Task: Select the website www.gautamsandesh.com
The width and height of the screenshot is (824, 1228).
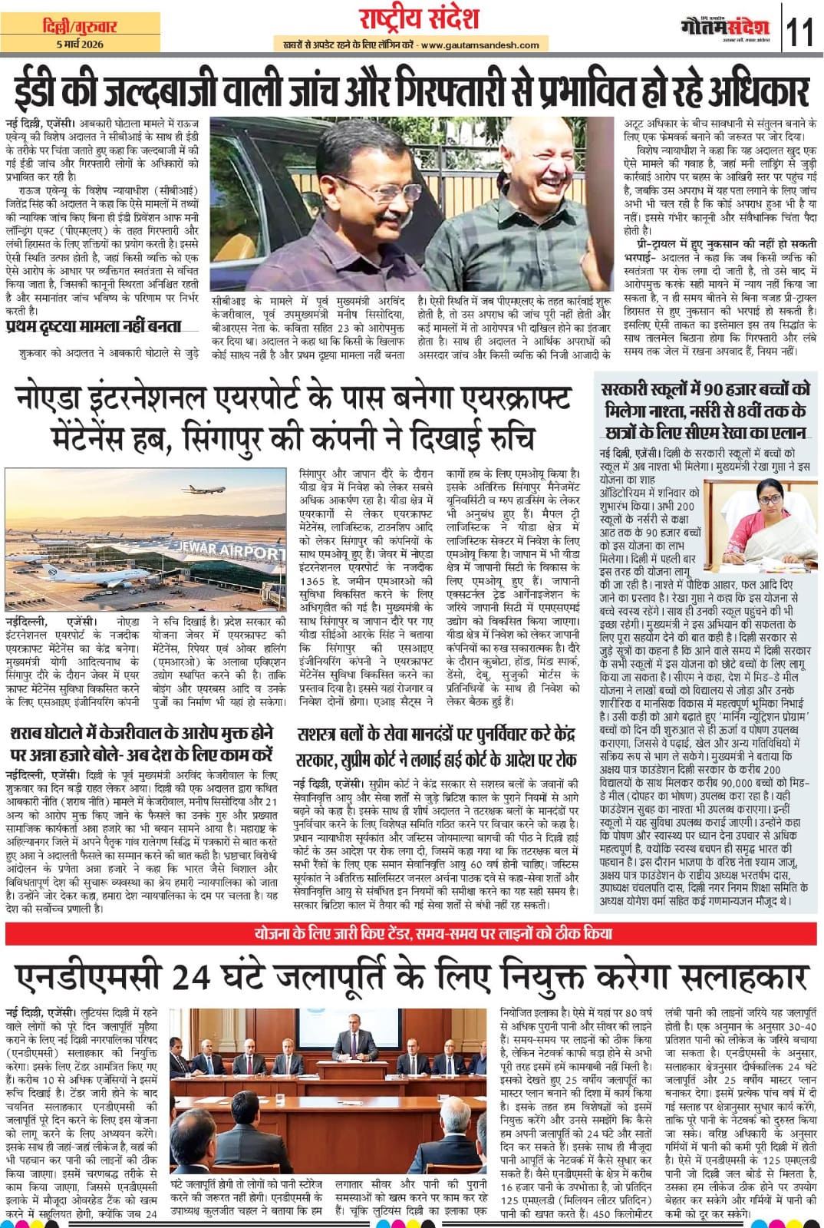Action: pos(470,45)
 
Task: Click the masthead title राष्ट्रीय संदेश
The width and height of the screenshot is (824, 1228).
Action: pos(409,18)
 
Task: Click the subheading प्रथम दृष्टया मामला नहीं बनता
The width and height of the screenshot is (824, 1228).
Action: pos(92,326)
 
